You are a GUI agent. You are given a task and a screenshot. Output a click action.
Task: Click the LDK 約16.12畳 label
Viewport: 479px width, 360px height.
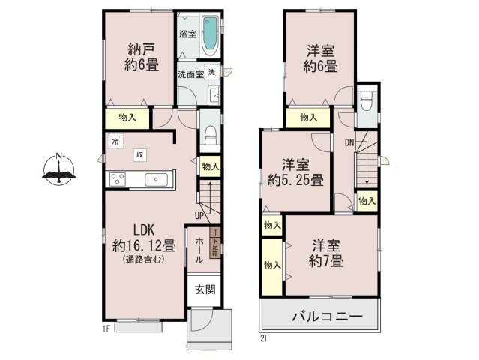click(144, 238)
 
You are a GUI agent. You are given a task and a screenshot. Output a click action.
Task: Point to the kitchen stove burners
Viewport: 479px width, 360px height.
click(118, 178)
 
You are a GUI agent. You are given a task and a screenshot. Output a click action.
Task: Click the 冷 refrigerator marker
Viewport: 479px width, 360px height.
click(115, 140)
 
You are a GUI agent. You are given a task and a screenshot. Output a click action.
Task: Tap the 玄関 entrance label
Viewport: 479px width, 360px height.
click(205, 290)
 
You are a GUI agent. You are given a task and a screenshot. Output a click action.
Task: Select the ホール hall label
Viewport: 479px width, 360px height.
click(199, 249)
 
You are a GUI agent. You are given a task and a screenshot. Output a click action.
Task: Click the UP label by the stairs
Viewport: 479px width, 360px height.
click(199, 217)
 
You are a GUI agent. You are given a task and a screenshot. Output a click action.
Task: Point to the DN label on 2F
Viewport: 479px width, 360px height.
click(349, 142)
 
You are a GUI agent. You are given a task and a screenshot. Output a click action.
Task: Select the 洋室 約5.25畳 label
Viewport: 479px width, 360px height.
click(295, 172)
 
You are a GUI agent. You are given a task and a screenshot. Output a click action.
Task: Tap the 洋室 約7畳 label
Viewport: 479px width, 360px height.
click(327, 253)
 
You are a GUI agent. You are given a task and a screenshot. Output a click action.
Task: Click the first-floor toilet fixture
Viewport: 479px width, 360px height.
click(211, 136)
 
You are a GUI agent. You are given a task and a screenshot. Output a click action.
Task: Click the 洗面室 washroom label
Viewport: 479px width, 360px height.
click(190, 74)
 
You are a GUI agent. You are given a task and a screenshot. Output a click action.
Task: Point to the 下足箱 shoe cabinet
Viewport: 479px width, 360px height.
click(216, 244)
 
